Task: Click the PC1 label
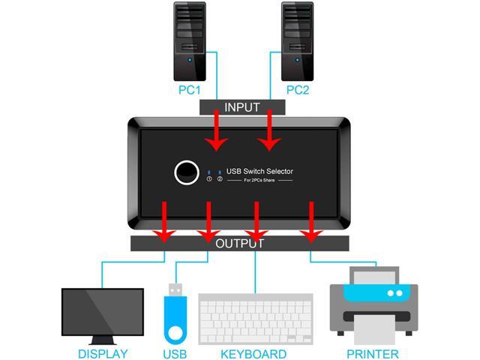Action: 188,91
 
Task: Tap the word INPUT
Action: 241,107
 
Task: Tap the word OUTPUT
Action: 240,244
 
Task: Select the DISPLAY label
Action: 103,353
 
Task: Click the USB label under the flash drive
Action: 175,353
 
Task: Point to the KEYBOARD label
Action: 253,353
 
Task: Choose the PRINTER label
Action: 372,353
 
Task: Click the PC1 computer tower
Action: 189,41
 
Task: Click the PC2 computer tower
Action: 297,41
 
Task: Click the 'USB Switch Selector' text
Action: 259,172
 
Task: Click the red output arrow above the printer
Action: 310,223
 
